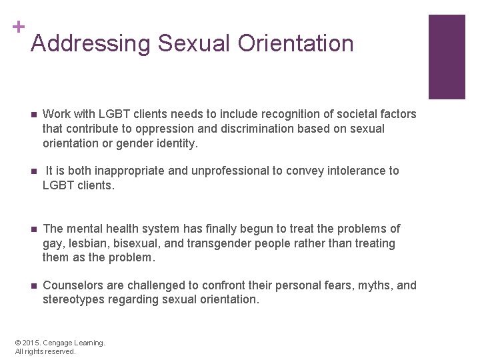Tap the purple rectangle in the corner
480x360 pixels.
point(446,57)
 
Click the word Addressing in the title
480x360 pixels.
point(91,43)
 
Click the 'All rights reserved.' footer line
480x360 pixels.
point(45,351)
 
